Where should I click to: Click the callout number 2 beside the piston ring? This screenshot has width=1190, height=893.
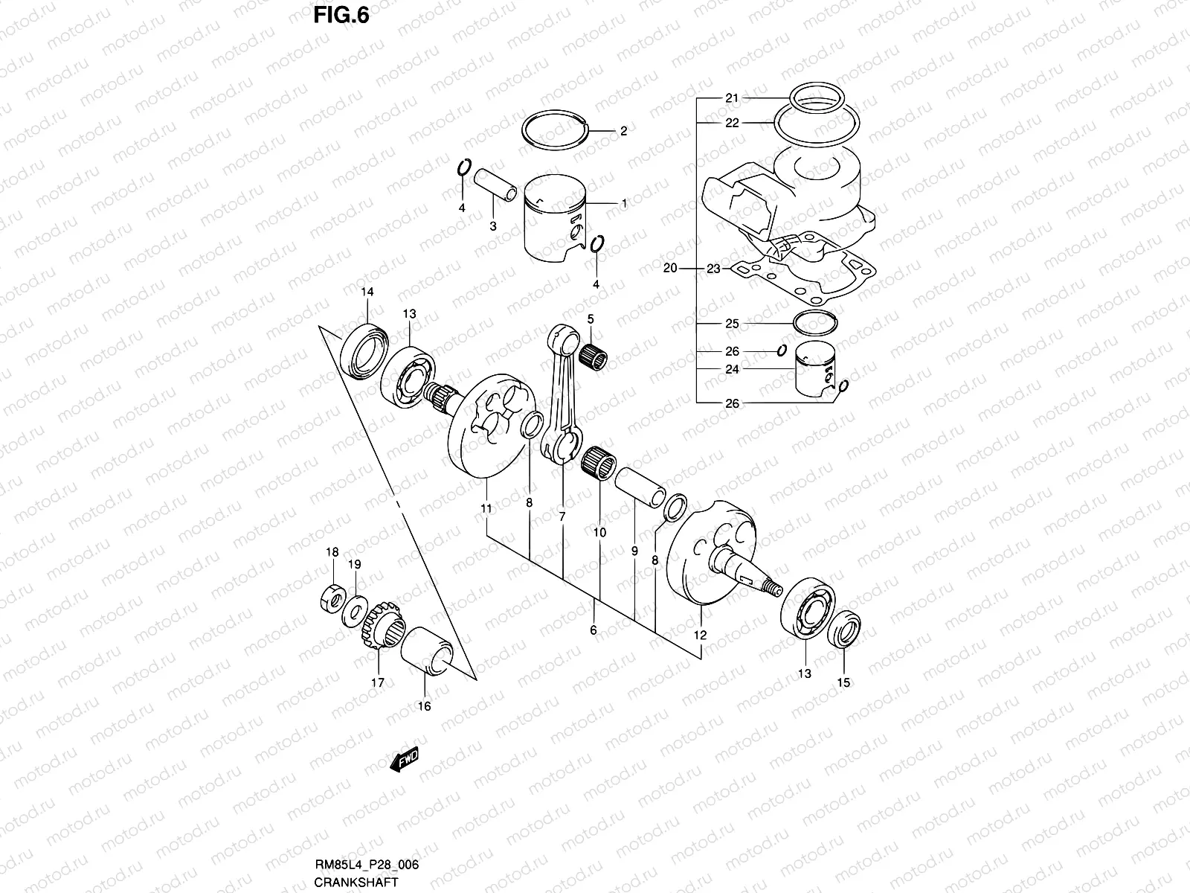(623, 132)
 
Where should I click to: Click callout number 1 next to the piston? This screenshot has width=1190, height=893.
(623, 203)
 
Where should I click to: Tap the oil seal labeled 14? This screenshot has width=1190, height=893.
(364, 348)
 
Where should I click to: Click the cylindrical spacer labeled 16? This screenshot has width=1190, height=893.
(426, 650)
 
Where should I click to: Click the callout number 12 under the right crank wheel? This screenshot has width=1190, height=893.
(700, 636)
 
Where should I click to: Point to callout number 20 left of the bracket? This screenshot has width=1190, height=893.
(669, 269)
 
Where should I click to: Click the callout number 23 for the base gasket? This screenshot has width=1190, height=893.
(713, 269)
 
